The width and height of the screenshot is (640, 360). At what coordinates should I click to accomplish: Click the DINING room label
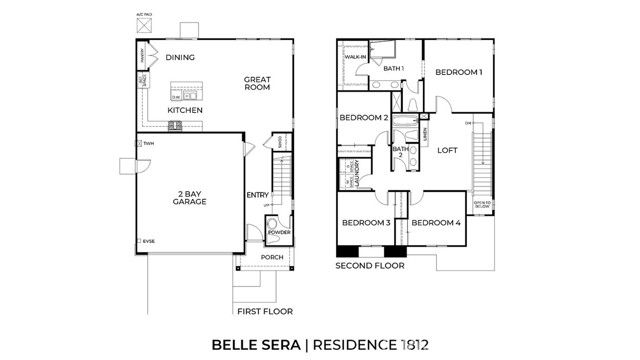pyautogui.click(x=180, y=57)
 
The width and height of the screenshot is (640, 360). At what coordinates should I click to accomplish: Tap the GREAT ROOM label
pyautogui.click(x=259, y=84)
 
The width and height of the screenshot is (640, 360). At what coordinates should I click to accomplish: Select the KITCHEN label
pyautogui.click(x=185, y=110)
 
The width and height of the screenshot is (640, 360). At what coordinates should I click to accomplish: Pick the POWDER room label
pyautogui.click(x=279, y=232)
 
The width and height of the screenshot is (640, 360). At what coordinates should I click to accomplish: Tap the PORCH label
pyautogui.click(x=272, y=257)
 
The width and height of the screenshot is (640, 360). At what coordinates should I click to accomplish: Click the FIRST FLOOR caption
pyautogui.click(x=265, y=312)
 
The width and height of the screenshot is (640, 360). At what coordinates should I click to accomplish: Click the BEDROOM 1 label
pyautogui.click(x=458, y=72)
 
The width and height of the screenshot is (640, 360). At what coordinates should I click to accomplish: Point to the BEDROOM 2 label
pyautogui.click(x=363, y=118)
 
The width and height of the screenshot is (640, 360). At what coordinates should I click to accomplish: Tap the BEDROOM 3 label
pyautogui.click(x=365, y=222)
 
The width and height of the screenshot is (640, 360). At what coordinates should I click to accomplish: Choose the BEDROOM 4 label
pyautogui.click(x=436, y=222)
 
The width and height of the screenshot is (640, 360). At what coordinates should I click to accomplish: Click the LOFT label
pyautogui.click(x=447, y=150)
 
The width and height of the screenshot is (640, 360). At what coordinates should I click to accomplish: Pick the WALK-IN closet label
pyautogui.click(x=353, y=57)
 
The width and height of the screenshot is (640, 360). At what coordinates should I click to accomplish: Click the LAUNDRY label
pyautogui.click(x=357, y=175)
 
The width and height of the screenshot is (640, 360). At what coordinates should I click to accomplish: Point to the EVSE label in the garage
pyautogui.click(x=149, y=242)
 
